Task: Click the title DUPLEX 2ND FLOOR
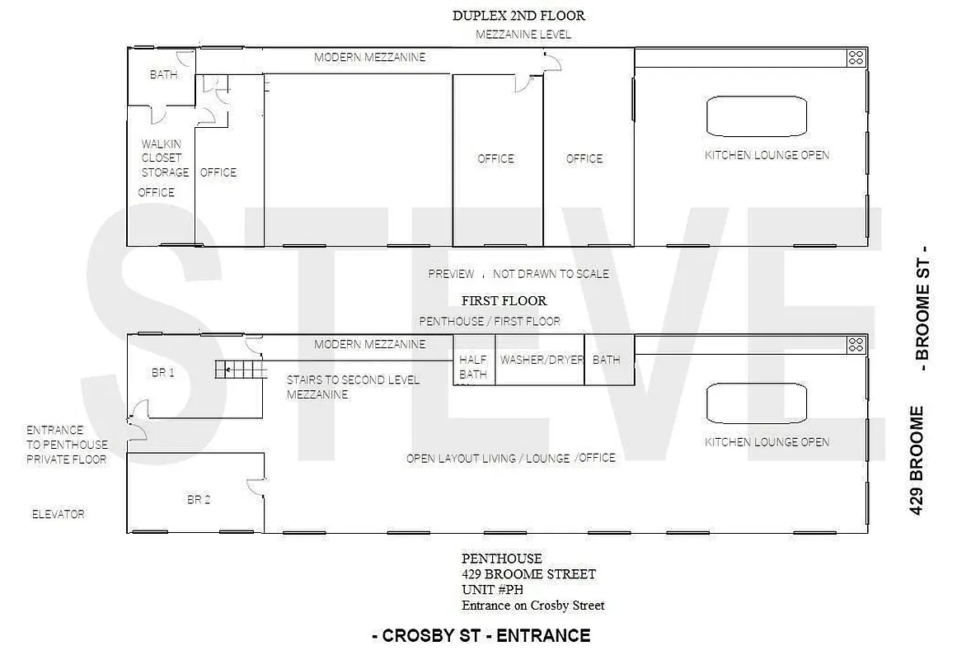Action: [x=518, y=16]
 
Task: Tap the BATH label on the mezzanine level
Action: [x=163, y=75]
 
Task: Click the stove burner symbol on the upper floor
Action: [x=856, y=58]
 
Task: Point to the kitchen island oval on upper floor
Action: [x=757, y=116]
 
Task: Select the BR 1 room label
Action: [x=163, y=372]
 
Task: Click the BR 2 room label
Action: [x=199, y=499]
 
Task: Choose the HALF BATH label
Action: [x=473, y=367]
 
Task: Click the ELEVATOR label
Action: [x=58, y=514]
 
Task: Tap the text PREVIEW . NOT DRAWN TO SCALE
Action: [x=518, y=274]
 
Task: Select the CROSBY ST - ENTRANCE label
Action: [x=481, y=635]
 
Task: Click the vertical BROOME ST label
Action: [x=922, y=308]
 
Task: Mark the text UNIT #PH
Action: [x=492, y=590]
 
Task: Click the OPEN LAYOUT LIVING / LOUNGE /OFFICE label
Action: [x=510, y=458]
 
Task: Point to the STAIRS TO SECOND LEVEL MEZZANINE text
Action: [x=353, y=387]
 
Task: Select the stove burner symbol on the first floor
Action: [x=856, y=345]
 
